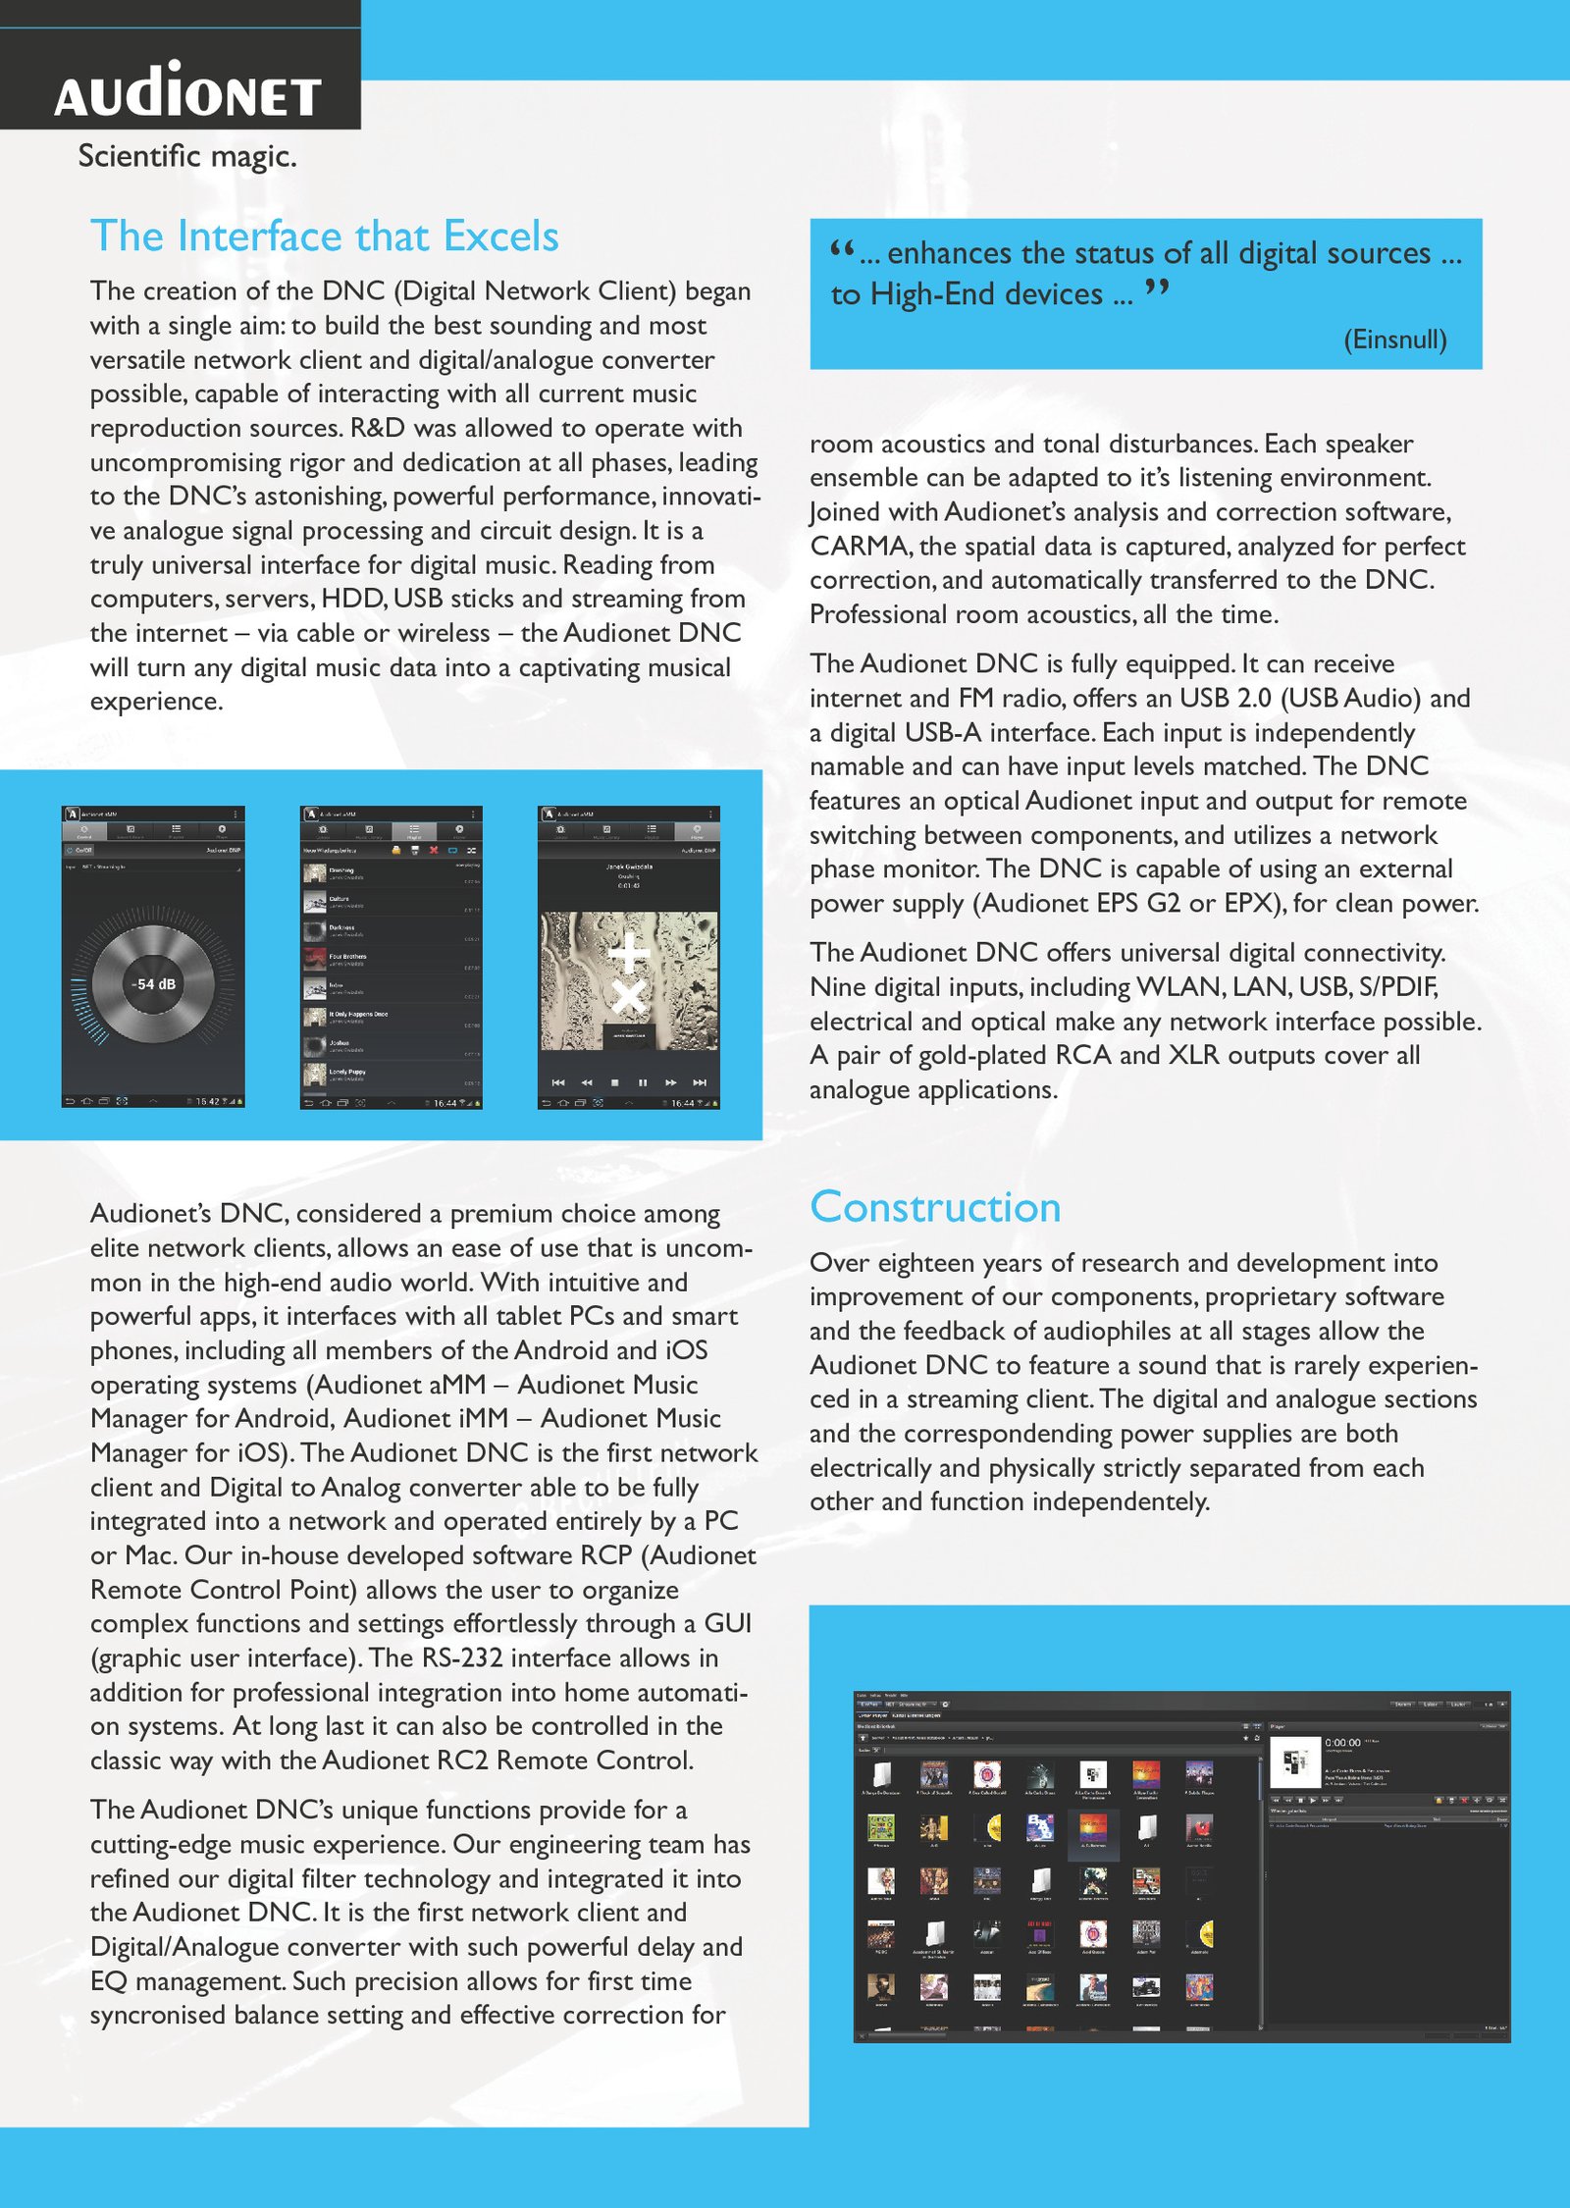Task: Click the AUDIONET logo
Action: click(187, 91)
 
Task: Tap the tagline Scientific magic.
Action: click(186, 156)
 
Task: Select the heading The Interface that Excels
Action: click(324, 237)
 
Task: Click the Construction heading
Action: click(935, 1207)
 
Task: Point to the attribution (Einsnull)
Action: click(1394, 340)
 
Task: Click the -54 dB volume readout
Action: click(154, 983)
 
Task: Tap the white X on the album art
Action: click(628, 997)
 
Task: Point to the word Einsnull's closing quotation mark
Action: click(1157, 289)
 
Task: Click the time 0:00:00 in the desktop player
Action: click(1342, 1742)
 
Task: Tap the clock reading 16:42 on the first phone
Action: click(207, 1102)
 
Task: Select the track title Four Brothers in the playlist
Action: click(348, 955)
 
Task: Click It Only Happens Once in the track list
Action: click(358, 1014)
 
